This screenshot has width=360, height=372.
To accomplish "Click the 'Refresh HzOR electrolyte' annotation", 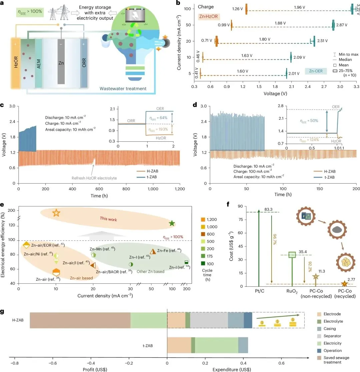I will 94,178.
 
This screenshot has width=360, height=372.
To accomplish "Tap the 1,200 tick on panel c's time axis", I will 180,189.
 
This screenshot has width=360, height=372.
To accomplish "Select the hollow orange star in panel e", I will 56,213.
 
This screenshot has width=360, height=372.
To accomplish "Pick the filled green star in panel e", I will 172,223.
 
